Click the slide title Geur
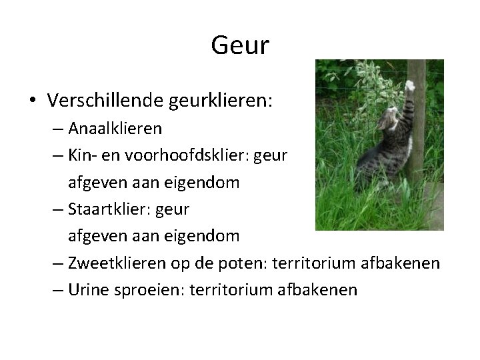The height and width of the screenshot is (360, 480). [x=240, y=46]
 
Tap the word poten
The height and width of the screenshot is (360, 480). [x=237, y=263]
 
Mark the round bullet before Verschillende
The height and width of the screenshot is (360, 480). [x=33, y=101]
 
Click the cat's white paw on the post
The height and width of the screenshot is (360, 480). [x=411, y=85]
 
